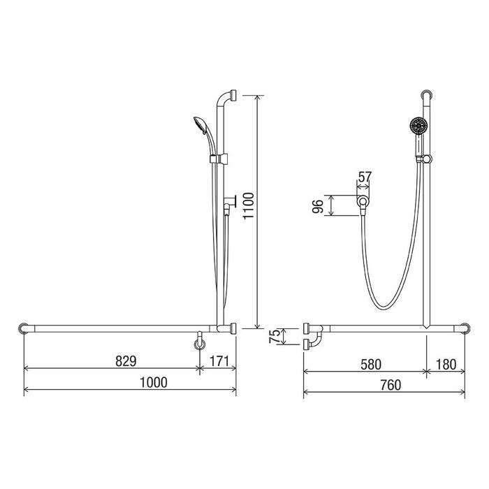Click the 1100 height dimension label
249,206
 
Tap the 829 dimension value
126,361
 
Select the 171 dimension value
219,361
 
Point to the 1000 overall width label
154,382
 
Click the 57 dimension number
365,177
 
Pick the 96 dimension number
317,206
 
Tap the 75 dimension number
275,336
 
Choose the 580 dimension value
371,364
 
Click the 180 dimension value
446,364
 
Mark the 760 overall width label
391,385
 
